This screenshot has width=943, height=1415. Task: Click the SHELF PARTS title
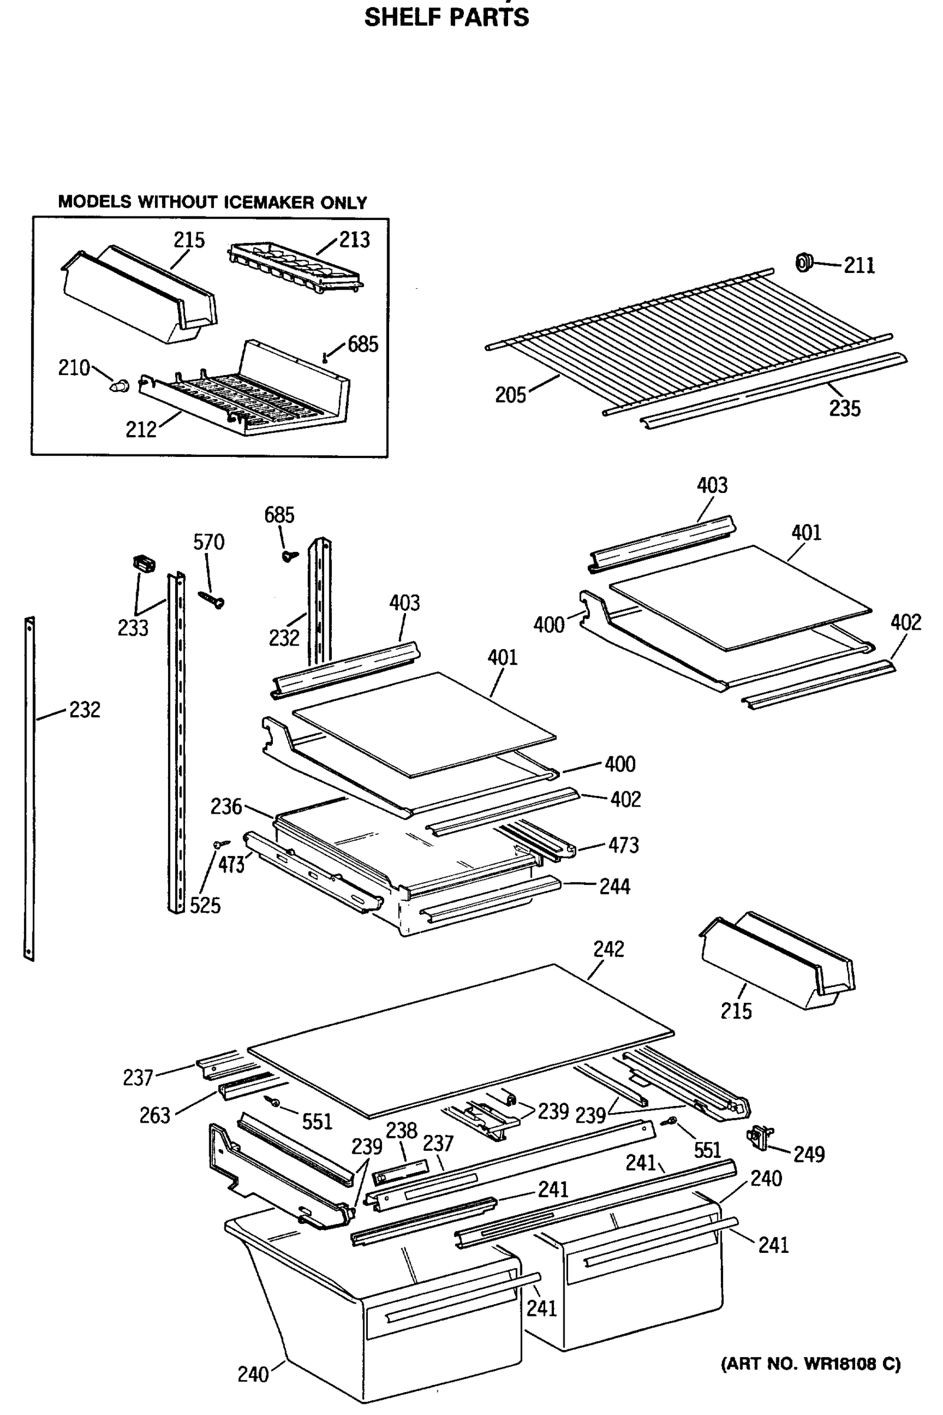446,18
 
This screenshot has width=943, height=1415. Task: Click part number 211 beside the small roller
859,265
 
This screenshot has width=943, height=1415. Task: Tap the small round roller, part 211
803,263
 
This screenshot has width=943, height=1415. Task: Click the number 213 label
354,240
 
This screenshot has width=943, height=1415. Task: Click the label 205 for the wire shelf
510,395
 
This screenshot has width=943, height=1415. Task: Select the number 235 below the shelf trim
845,409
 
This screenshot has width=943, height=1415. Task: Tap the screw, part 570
212,599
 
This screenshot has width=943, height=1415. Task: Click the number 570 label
209,542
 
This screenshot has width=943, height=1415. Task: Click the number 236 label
226,807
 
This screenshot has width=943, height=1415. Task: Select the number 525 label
205,906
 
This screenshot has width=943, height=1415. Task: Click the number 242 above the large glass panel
609,949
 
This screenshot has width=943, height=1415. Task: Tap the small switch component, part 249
760,1138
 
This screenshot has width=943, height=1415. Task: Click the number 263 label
154,1116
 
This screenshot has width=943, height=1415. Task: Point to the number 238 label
401,1130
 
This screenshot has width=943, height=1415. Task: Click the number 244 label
615,887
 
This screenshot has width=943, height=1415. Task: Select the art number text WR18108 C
811,1364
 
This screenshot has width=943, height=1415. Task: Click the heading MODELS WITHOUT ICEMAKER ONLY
212,202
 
